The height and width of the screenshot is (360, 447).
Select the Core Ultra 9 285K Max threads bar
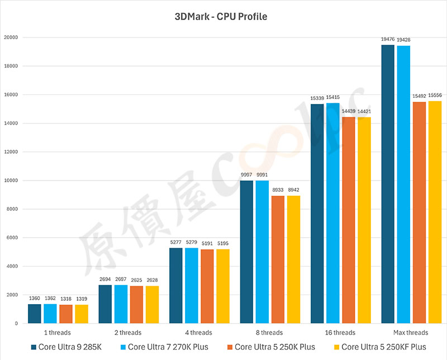point(388,184)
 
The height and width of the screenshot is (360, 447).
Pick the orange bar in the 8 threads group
point(278,259)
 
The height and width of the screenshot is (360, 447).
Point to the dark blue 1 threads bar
point(35,314)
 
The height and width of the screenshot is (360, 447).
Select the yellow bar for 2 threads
point(152,305)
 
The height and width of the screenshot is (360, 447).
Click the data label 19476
point(388,40)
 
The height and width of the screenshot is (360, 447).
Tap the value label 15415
point(333,97)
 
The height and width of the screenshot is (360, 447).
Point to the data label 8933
point(278,190)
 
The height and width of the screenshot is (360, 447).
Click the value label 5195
point(223,244)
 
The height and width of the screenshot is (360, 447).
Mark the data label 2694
point(105,280)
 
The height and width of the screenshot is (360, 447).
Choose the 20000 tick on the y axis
point(11,37)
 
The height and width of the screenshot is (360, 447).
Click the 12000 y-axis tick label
point(11,152)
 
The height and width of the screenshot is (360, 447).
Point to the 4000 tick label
point(13,266)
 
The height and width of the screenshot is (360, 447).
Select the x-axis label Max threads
point(403,333)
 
